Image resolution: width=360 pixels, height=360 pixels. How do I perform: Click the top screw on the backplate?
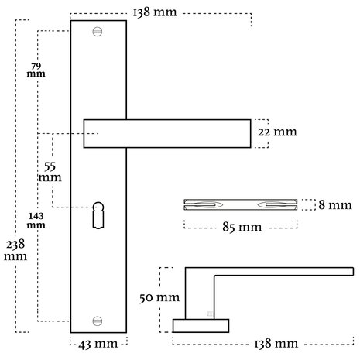(98, 32)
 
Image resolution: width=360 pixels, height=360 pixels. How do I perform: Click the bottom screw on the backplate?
(98, 321)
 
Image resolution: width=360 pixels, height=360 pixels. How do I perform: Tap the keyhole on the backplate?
(98, 215)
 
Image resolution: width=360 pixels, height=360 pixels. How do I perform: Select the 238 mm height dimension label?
(15, 250)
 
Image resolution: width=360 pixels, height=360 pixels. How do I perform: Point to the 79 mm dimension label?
(36, 70)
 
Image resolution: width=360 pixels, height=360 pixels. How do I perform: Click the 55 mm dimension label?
(50, 172)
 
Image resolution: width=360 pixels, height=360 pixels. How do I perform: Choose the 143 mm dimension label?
(36, 221)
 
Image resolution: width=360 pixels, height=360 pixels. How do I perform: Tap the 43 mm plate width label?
(98, 344)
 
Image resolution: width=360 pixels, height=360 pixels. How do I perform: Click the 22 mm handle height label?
(277, 132)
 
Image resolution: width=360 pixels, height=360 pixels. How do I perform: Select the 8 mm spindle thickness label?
(335, 205)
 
